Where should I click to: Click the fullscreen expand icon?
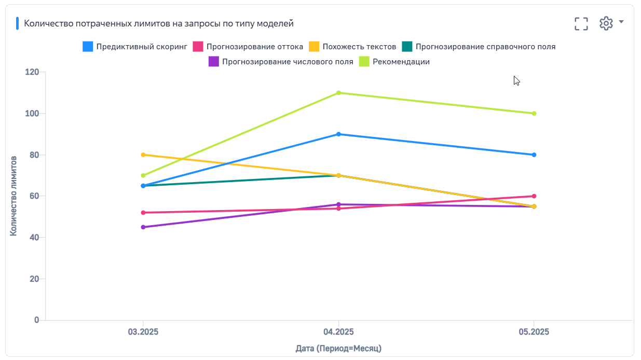[x=581, y=23]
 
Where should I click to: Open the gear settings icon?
[x=606, y=23]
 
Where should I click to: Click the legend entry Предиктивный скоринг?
[x=135, y=47]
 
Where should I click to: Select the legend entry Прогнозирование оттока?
[x=248, y=47]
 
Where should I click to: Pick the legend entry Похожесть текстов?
[x=353, y=47]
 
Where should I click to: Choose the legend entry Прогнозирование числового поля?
[x=281, y=62]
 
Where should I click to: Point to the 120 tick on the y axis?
[x=32, y=72]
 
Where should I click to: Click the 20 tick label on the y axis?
[x=34, y=279]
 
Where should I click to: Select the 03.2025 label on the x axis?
[x=143, y=331]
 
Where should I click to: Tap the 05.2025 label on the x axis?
[x=534, y=331]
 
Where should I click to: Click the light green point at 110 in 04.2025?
[x=338, y=93]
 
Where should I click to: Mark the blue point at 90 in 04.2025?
[x=338, y=134]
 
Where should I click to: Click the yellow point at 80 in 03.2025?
[x=143, y=155]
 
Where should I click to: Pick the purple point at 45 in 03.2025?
[x=143, y=227]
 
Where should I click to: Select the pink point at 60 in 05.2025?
[x=534, y=196]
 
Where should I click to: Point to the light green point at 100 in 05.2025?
[x=534, y=114]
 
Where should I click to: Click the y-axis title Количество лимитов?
[x=14, y=196]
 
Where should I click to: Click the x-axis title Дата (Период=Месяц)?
[x=338, y=348]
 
